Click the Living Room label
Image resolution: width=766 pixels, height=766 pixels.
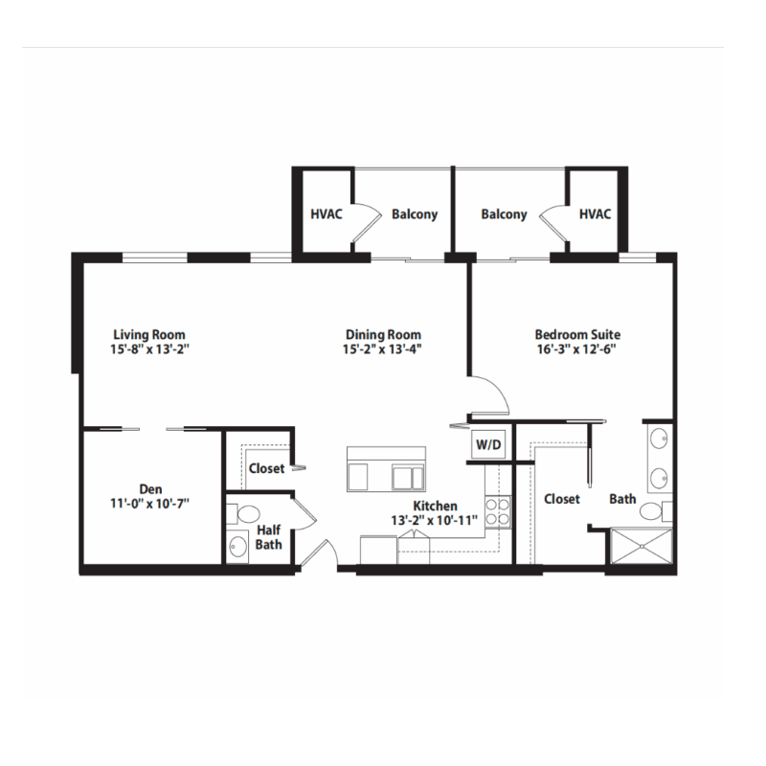pyautogui.click(x=148, y=334)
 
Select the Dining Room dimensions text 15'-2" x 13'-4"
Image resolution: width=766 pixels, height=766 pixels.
pyautogui.click(x=384, y=349)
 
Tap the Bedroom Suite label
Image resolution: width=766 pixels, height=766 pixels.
pyautogui.click(x=577, y=334)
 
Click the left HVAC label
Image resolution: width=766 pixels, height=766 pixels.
pyautogui.click(x=327, y=214)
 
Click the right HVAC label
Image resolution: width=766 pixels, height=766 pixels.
pyautogui.click(x=595, y=214)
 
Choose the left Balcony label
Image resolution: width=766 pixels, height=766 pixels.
pyautogui.click(x=415, y=214)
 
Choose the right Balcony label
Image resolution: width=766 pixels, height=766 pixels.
pyautogui.click(x=504, y=214)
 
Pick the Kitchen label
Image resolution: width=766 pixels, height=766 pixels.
pyautogui.click(x=435, y=506)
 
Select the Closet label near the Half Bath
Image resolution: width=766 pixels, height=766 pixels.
pyautogui.click(x=266, y=469)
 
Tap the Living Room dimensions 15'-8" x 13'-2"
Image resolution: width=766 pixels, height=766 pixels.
pyautogui.click(x=148, y=349)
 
